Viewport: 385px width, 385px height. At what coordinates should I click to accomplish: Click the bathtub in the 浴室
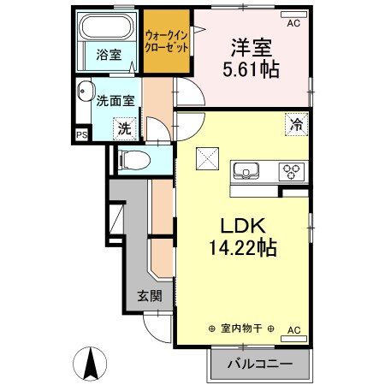[106, 27]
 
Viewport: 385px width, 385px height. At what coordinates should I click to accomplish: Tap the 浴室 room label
[109, 55]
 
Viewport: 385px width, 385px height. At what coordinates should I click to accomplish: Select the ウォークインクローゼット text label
[167, 42]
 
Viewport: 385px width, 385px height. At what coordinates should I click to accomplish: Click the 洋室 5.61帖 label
[251, 58]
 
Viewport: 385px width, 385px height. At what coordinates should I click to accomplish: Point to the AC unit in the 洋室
[293, 15]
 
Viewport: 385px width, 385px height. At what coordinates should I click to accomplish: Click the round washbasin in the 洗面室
[86, 91]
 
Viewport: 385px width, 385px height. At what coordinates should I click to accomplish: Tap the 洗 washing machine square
[125, 129]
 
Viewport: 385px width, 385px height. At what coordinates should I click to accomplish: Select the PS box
[82, 134]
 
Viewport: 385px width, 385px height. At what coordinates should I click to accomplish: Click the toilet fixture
[134, 160]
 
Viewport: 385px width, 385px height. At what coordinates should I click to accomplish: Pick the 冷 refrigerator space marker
[297, 124]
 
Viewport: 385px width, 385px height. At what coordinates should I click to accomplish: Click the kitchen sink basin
[246, 170]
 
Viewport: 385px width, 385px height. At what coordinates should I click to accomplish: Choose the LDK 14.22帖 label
[243, 236]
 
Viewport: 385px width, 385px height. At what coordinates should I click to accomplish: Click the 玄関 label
[150, 296]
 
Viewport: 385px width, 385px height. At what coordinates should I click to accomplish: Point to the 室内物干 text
[241, 329]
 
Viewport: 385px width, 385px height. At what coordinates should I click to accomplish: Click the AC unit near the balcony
[293, 339]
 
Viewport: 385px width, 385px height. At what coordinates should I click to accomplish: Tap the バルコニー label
[260, 364]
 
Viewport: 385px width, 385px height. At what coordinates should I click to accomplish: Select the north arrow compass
[90, 364]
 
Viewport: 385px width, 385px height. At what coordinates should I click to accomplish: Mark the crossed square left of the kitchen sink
[207, 158]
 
